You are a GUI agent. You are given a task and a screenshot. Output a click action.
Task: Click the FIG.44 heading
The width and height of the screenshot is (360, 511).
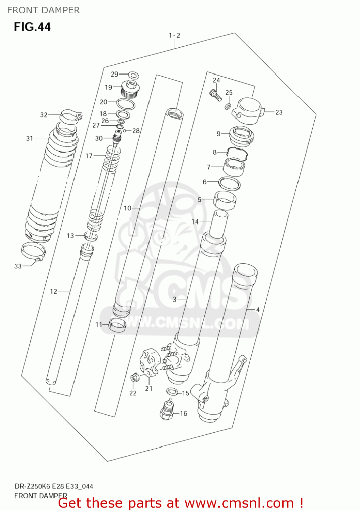point(32,27)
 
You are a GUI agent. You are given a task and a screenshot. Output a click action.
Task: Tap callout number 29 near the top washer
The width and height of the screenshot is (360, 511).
point(114,74)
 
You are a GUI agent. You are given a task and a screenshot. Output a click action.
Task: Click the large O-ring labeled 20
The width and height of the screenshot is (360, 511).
point(126,104)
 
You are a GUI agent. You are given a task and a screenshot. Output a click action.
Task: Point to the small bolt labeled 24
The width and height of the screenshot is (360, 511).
point(215,94)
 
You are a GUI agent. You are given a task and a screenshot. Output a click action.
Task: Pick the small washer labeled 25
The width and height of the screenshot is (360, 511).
point(228,107)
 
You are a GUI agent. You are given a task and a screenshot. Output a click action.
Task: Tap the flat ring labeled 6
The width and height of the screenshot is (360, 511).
point(229,183)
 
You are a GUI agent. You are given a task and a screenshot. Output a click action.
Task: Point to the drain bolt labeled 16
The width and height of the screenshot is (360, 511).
point(167,410)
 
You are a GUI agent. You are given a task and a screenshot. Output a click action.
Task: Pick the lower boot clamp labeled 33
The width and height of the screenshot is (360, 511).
point(33,252)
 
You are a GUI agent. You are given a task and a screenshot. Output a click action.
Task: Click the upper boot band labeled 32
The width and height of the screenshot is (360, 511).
point(71,115)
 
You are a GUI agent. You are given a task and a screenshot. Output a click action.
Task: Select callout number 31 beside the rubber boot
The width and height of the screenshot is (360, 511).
point(30,138)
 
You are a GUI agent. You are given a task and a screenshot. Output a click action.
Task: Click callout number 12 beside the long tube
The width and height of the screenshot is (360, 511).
point(53,292)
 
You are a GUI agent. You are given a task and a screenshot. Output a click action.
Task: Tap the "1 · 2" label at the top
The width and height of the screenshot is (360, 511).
point(174,35)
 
